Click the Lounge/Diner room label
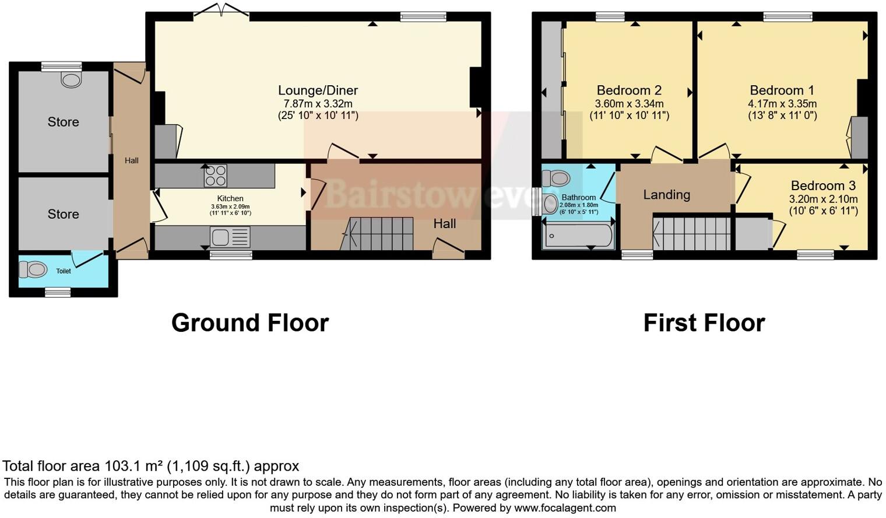[x=318, y=90]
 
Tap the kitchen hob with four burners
[x=215, y=176]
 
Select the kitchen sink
[x=230, y=237]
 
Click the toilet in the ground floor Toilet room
[x=33, y=269]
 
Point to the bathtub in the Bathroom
[x=578, y=236]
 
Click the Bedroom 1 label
[x=782, y=90]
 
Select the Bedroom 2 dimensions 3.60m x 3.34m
[x=629, y=104]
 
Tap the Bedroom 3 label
[x=823, y=185]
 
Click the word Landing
[x=666, y=195]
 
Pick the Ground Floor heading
[x=250, y=323]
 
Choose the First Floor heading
[x=704, y=323]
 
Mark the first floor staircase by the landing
[x=691, y=233]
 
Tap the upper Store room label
[x=63, y=122]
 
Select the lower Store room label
[x=63, y=214]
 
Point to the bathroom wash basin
[x=550, y=204]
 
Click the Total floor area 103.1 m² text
[x=150, y=466]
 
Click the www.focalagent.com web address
[x=565, y=508]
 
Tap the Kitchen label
[x=230, y=198]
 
